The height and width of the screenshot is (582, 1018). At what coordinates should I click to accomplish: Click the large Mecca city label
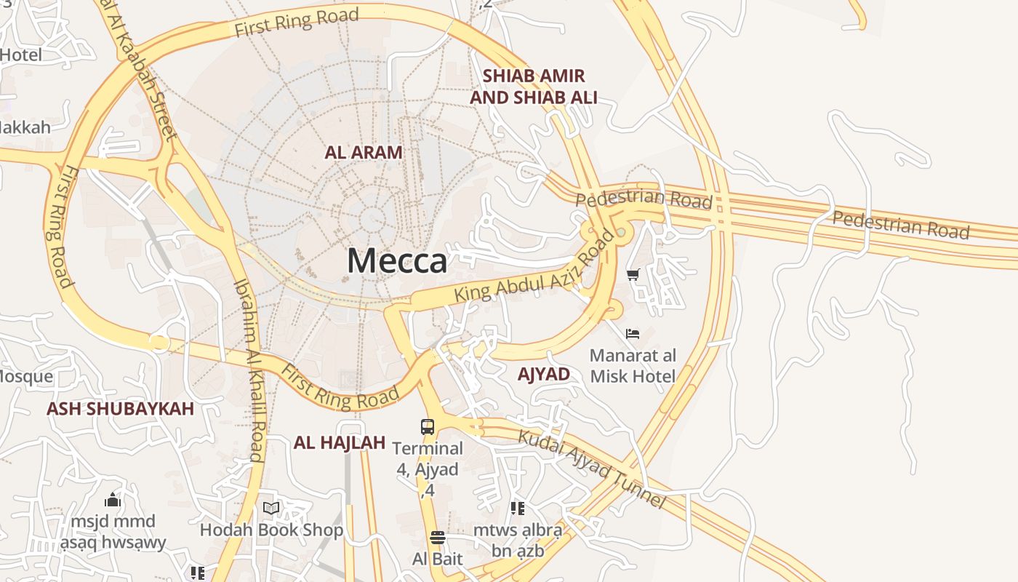point(396,260)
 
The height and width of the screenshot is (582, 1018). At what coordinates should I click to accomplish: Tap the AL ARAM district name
point(364,153)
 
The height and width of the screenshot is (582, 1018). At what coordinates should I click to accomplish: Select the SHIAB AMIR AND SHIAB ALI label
point(534,87)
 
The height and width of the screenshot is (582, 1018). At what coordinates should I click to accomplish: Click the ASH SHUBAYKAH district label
point(120,409)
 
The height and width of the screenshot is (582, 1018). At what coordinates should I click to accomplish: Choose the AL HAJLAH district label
point(339,443)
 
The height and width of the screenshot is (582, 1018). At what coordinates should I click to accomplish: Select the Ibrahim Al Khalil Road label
point(248,371)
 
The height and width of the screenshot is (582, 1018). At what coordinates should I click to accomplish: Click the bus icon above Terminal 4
point(428,427)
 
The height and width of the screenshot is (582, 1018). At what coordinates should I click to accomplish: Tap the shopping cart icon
point(633,275)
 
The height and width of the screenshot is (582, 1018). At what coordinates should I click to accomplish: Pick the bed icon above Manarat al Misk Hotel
point(633,334)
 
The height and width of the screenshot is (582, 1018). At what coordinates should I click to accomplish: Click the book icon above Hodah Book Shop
point(271,508)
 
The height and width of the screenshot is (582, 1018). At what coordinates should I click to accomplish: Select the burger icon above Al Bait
point(437,538)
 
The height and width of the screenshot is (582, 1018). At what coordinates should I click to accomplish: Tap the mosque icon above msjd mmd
point(113,500)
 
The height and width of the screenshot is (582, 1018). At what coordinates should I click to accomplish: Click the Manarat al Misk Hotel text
point(633,366)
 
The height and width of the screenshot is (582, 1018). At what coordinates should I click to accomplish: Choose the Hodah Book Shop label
point(271,530)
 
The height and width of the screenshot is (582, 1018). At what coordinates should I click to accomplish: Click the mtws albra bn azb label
point(517,541)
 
